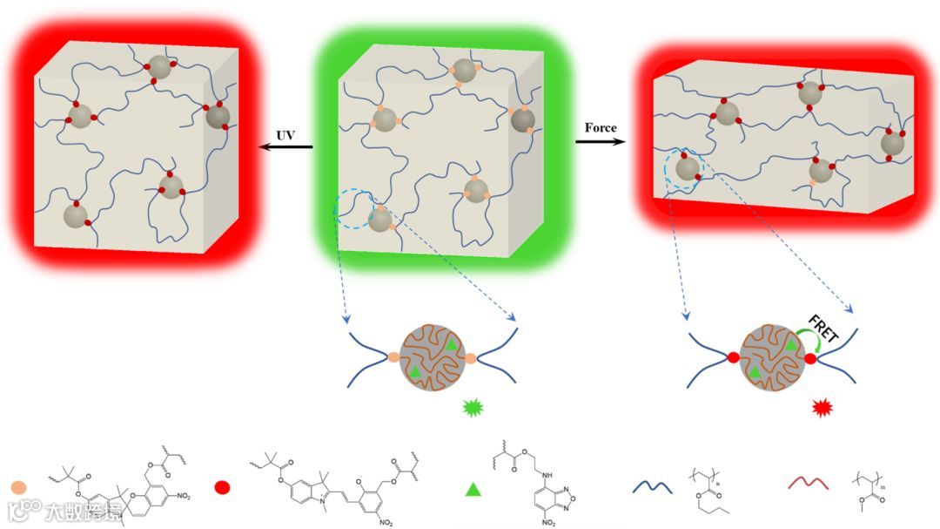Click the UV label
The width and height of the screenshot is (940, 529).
click(x=285, y=136)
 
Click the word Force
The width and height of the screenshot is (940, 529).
click(x=601, y=128)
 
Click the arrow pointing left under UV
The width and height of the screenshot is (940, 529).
click(x=286, y=147)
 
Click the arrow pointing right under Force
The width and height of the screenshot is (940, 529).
click(x=601, y=140)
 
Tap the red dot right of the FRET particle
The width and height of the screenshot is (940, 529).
click(x=811, y=358)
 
